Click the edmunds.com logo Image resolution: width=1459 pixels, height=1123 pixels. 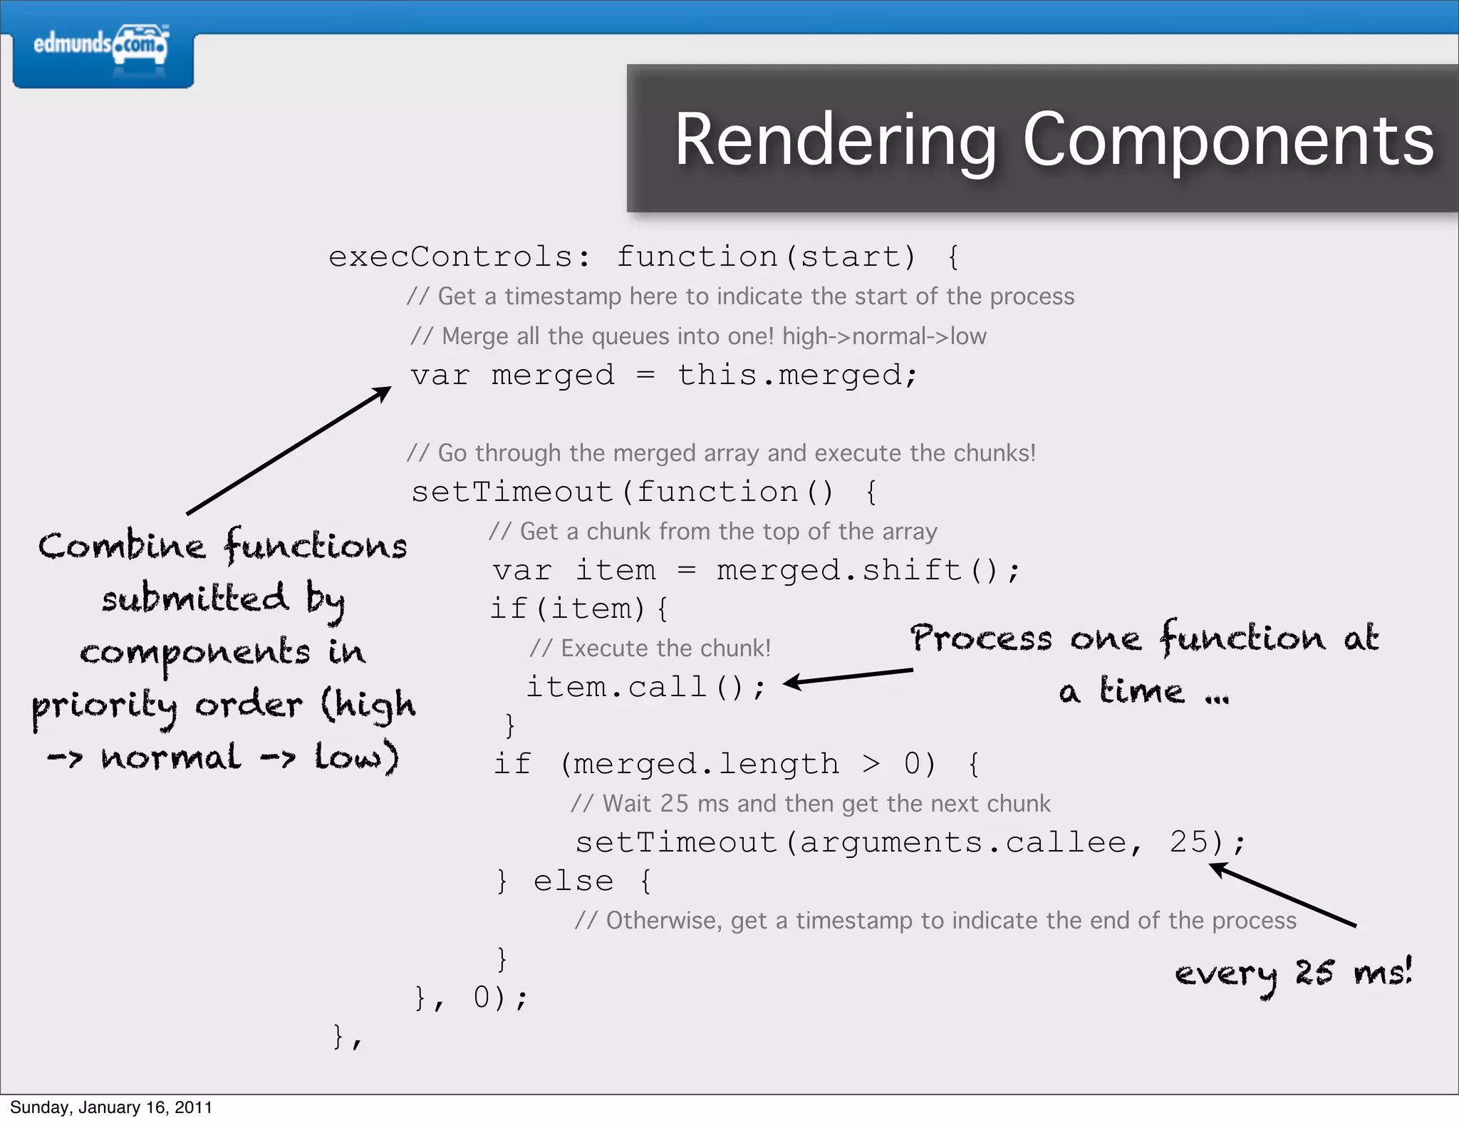(101, 46)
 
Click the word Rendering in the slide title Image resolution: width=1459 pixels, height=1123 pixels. (836, 140)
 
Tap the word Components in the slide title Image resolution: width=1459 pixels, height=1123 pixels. (1228, 140)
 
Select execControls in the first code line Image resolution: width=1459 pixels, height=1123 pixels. (450, 257)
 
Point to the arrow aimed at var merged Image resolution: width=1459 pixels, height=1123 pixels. (289, 450)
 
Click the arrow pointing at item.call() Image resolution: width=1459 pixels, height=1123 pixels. (848, 676)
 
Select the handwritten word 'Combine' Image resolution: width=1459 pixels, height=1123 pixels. (122, 547)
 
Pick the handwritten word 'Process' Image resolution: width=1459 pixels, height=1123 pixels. (981, 638)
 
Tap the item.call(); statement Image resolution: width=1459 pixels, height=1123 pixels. (645, 687)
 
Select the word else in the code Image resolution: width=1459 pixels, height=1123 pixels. (573, 881)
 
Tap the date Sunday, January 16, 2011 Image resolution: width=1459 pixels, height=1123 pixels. (111, 1107)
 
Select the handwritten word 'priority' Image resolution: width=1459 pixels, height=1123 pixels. (104, 706)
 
